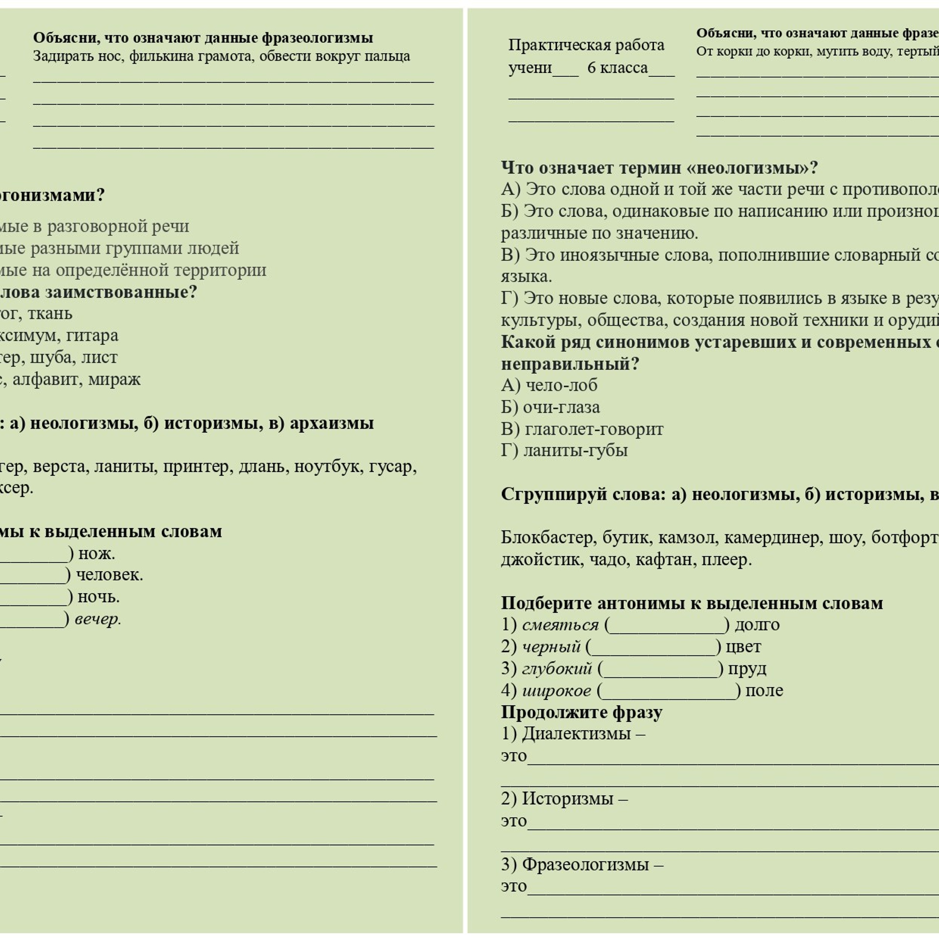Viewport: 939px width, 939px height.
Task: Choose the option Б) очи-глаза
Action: pos(550,407)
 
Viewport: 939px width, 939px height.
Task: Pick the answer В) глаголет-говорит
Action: pos(581,429)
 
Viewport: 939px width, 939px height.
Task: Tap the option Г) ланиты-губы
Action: pos(564,450)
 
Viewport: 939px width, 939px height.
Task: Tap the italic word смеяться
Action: pos(560,625)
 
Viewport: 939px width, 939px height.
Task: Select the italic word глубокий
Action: pos(557,669)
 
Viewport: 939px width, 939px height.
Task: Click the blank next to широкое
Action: pos(669,691)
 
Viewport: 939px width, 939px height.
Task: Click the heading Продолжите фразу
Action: pos(581,712)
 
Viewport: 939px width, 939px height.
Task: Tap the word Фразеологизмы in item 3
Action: pos(585,864)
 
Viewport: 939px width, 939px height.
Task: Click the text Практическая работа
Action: pos(586,45)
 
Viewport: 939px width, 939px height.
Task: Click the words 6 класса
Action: pos(617,67)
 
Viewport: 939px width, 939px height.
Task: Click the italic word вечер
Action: pos(97,619)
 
